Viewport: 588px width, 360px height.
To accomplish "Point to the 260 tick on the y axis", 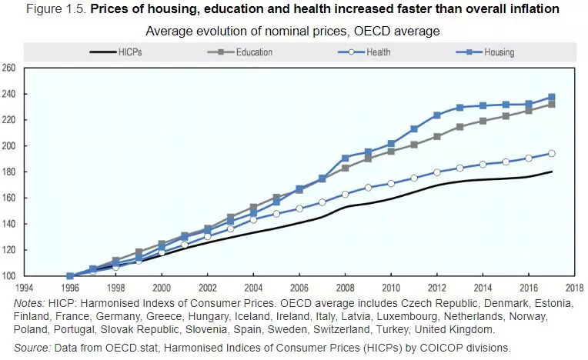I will coord(10,68).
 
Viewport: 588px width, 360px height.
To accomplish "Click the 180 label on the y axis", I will coord(10,172).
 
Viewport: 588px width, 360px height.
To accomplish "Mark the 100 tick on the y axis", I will coord(10,276).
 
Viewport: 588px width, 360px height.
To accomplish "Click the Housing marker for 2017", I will coord(552,97).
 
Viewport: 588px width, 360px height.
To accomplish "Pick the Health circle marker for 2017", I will coord(552,153).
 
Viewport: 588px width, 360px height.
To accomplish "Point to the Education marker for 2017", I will coord(552,104).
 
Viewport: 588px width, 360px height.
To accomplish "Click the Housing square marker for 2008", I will coord(346,158).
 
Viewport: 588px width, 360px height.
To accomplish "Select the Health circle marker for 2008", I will coord(346,194).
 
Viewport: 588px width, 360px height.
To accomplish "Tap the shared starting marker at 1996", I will coord(70,275).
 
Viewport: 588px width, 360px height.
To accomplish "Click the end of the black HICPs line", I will coord(552,172).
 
